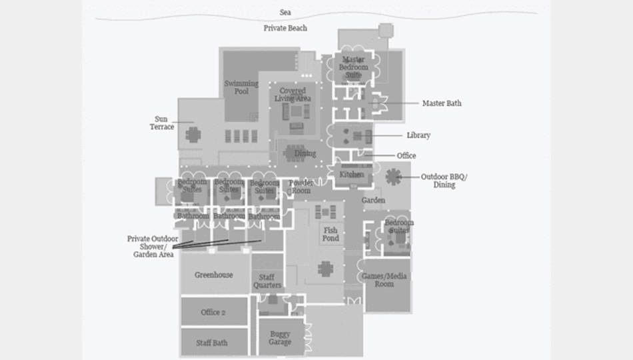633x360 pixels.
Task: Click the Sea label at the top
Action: (x=285, y=13)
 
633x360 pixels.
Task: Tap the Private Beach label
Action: (x=285, y=28)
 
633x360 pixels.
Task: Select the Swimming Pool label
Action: (x=241, y=87)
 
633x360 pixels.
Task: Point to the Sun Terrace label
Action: (x=161, y=123)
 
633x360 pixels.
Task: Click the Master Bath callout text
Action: (x=442, y=103)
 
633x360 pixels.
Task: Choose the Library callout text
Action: (x=418, y=135)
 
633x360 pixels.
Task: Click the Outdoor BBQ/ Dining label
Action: (x=444, y=181)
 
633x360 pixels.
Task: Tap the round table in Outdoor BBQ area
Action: (x=393, y=177)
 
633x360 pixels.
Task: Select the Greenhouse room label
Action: (x=214, y=275)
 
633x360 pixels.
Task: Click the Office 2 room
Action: (x=214, y=311)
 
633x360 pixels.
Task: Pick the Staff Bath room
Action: (x=214, y=342)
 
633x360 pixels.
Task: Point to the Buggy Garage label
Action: (x=280, y=338)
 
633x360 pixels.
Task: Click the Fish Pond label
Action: (x=330, y=235)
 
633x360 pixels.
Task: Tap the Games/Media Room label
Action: (x=384, y=280)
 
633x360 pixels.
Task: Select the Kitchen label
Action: (x=351, y=175)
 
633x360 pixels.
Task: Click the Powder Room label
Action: (x=301, y=187)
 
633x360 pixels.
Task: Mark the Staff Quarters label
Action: (x=267, y=281)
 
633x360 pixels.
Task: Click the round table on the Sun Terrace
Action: (x=193, y=135)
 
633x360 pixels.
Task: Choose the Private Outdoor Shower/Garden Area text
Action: (x=153, y=247)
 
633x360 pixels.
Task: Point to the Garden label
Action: (x=373, y=201)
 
